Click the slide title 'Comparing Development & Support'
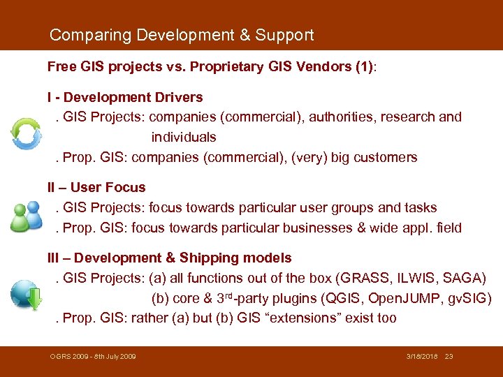182,35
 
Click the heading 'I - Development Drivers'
125,97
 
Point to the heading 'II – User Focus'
96,187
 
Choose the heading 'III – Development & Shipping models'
170,258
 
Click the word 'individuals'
184,138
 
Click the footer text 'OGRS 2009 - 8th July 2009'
93,357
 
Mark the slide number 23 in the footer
449,357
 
